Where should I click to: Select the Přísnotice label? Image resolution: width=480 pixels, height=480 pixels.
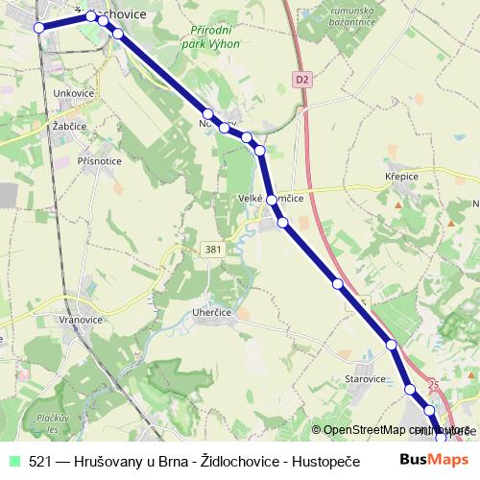pyautogui.click(x=99, y=161)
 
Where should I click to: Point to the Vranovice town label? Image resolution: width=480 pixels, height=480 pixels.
pyautogui.click(x=80, y=318)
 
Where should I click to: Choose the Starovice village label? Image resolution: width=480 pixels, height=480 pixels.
pyautogui.click(x=365, y=379)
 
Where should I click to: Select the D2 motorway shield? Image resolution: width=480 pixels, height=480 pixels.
pyautogui.click(x=303, y=80)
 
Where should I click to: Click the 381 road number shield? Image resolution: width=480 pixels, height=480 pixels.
pyautogui.click(x=213, y=249)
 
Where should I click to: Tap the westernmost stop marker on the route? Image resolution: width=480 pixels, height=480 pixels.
pyautogui.click(x=39, y=28)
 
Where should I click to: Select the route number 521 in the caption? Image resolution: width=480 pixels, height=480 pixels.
pyautogui.click(x=40, y=460)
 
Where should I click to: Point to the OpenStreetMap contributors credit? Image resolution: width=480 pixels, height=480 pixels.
pyautogui.click(x=394, y=430)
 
